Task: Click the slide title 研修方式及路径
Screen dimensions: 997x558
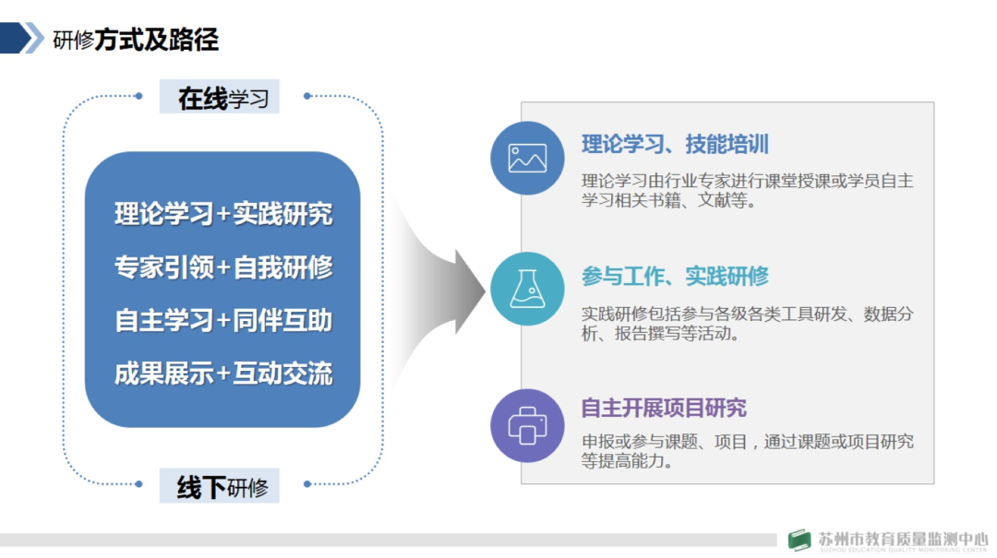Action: [136, 40]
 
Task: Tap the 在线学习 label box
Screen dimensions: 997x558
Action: [220, 97]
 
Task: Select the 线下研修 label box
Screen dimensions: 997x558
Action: [220, 486]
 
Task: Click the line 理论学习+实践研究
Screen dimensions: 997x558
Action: [223, 214]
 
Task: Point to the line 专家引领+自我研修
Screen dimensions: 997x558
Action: [223, 267]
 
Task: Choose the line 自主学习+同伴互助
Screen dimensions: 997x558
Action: [223, 320]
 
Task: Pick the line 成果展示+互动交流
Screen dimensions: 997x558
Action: [223, 374]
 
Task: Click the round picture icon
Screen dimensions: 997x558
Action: [527, 158]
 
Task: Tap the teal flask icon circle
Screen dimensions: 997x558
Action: [527, 289]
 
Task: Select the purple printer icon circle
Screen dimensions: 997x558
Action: [527, 425]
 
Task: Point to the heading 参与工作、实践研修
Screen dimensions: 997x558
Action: [675, 277]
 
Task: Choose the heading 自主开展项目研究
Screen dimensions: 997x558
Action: [664, 409]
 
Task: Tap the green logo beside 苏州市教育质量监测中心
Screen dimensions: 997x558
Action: [799, 540]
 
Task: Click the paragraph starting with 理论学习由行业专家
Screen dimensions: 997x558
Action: [747, 190]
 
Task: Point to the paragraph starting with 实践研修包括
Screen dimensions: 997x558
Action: [747, 324]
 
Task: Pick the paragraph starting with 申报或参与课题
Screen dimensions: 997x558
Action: [747, 451]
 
